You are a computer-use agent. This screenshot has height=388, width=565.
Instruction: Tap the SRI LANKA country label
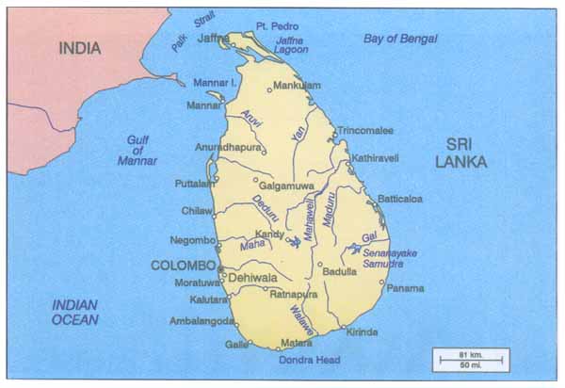pos(460,153)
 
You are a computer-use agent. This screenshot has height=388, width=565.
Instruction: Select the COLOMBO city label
pos(183,266)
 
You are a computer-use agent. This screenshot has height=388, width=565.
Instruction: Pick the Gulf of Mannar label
pos(138,150)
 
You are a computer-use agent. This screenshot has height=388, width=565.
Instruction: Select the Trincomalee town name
pos(365,130)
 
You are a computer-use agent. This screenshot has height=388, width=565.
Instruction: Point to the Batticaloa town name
pos(399,199)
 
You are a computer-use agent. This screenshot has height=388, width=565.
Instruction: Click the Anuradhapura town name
pos(227,146)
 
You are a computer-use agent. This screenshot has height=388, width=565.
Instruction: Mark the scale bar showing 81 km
pos(471,359)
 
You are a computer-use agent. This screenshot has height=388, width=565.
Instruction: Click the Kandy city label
pos(269,233)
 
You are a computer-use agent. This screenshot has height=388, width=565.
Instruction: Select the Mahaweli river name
pos(310,217)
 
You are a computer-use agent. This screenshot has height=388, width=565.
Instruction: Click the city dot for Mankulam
pos(270,89)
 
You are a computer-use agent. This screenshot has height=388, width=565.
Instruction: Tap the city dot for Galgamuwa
pos(255,179)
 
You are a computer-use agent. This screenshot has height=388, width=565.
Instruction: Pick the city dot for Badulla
pos(320,265)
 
